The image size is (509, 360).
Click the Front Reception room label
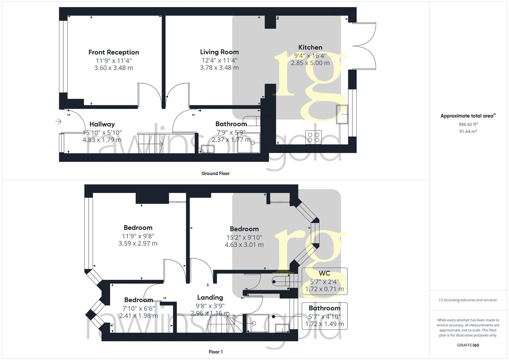pos(114,52)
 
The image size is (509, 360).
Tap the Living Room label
pos(219,52)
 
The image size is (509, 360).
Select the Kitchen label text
pos(310,47)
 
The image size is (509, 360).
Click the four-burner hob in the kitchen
pos(314,137)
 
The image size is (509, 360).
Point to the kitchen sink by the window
pos(342,114)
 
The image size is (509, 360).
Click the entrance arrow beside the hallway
pos(58,122)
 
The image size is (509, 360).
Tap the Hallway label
pos(102,124)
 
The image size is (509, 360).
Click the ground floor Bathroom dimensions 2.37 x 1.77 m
pos(231,140)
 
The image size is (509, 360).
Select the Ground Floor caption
pos(215,173)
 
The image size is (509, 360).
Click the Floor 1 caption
pos(216,352)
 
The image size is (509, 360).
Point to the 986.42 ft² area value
pos(468,124)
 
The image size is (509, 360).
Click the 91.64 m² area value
pos(468,131)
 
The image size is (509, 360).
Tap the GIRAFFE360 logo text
pos(468,345)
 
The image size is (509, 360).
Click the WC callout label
pos(324,274)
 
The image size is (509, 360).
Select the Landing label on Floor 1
pos(210,298)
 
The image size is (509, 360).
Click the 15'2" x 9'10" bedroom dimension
pos(244,238)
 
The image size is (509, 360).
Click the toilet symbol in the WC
pos(280,282)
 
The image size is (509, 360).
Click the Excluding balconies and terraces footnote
pos(468,300)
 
